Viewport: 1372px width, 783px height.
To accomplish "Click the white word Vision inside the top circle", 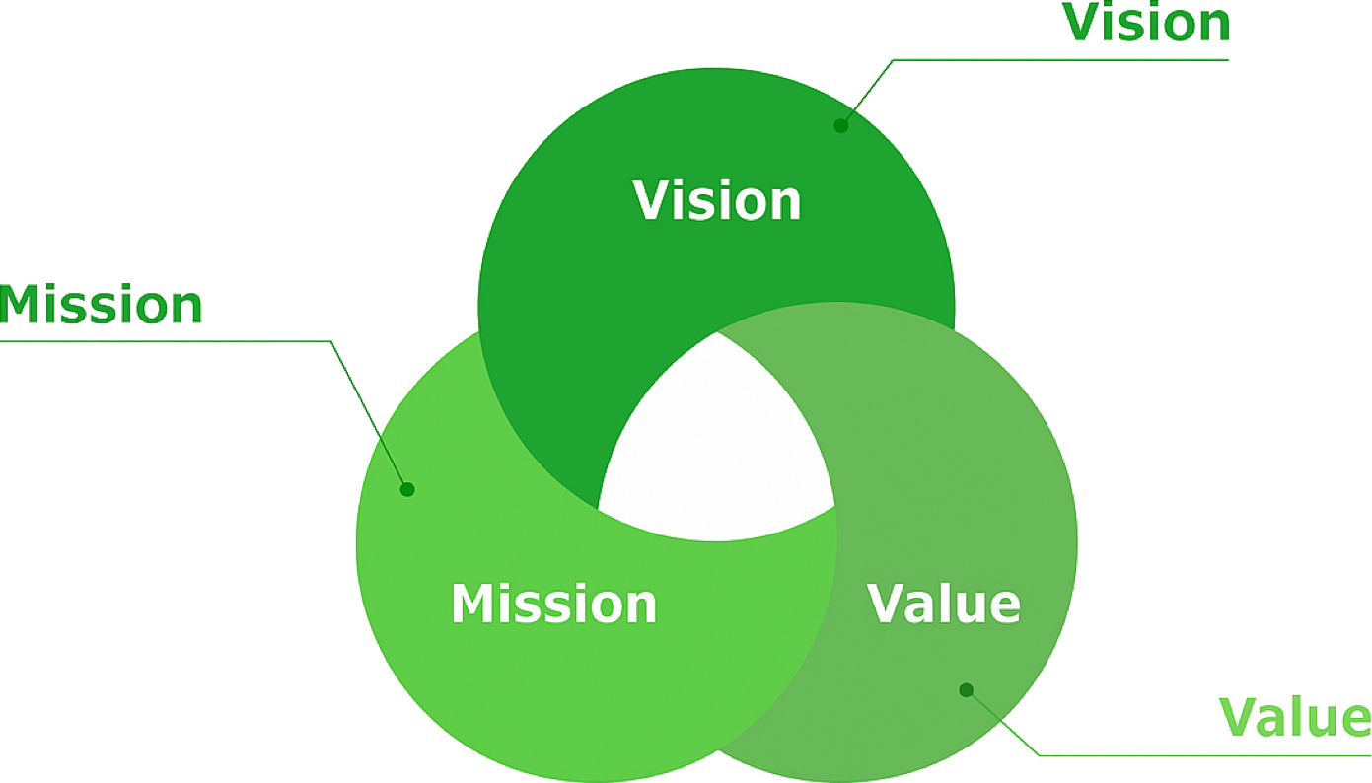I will [717, 200].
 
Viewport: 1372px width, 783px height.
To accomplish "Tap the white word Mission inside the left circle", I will [553, 604].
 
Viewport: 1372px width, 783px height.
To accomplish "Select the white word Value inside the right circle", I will [944, 604].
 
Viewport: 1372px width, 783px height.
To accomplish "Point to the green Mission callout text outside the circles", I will [102, 306].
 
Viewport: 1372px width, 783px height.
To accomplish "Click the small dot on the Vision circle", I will [841, 125].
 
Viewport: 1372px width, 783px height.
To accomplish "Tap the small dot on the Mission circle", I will [407, 489].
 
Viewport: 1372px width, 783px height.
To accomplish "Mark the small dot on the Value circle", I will [967, 690].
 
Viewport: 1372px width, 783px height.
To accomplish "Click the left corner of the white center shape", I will [601, 508].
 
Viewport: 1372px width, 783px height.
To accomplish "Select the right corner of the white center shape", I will [834, 508].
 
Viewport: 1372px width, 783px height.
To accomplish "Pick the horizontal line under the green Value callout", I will [1203, 755].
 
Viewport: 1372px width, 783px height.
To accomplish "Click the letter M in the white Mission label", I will [472, 604].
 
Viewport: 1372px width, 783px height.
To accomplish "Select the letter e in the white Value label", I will [1004, 606].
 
